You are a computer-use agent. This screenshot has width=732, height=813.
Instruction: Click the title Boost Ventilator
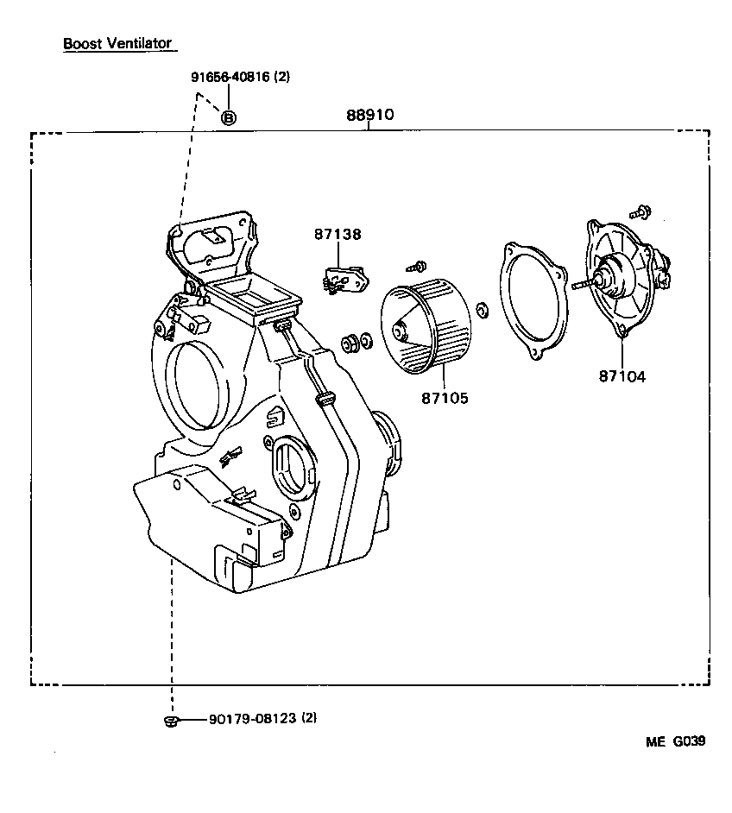(117, 43)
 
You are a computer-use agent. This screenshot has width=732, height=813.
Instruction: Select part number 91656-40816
(230, 77)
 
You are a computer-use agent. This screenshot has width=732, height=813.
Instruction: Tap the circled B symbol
(228, 117)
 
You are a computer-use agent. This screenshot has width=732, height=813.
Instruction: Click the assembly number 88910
(369, 114)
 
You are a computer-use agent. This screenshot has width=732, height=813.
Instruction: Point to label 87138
(338, 234)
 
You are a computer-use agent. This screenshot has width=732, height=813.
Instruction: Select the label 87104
(622, 376)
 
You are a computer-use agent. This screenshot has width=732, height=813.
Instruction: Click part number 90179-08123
(252, 718)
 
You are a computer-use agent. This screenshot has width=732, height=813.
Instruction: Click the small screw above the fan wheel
(420, 265)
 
